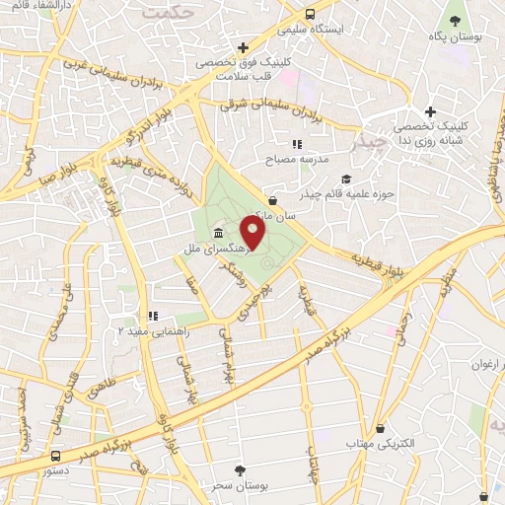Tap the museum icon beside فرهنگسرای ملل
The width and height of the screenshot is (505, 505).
pos(217,234)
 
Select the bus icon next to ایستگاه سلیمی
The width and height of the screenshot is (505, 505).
pos(310,15)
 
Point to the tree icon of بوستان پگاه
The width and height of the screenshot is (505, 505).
pos(455,21)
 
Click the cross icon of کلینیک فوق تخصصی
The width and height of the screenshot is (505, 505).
pos(243,46)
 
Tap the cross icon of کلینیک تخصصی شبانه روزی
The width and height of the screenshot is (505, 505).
pos(428,112)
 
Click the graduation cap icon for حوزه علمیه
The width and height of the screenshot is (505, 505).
pos(345,179)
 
